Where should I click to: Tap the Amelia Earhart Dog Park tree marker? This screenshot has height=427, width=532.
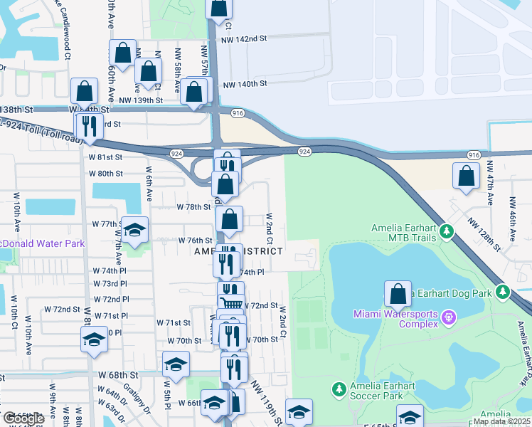(503, 292)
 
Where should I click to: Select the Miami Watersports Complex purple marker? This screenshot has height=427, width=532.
(449, 315)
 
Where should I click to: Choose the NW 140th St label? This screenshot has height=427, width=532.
(245, 84)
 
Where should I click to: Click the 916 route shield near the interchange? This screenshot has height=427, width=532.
(238, 113)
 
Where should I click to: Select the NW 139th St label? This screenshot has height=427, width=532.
(142, 100)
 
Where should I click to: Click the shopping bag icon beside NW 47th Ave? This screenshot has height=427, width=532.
(466, 177)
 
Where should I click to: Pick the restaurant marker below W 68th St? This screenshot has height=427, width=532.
(233, 368)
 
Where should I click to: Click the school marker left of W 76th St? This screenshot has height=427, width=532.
(134, 229)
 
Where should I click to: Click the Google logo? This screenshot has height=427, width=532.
(23, 418)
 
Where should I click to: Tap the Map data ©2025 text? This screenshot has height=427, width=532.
(501, 421)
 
